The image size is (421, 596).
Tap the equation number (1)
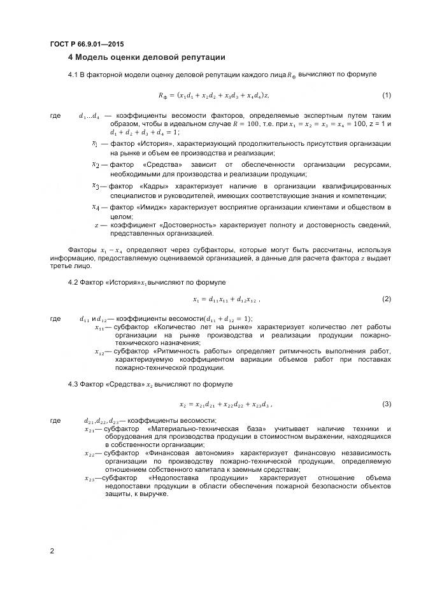coord(387,95)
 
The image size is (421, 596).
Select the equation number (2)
coord(387,299)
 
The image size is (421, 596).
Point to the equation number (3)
coord(387,404)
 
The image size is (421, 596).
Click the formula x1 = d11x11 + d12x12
coord(226,299)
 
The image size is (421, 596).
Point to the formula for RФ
coord(213,96)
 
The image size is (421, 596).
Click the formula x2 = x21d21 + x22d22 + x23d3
coord(226,404)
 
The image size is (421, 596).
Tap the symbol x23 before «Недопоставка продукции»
coord(90,478)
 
